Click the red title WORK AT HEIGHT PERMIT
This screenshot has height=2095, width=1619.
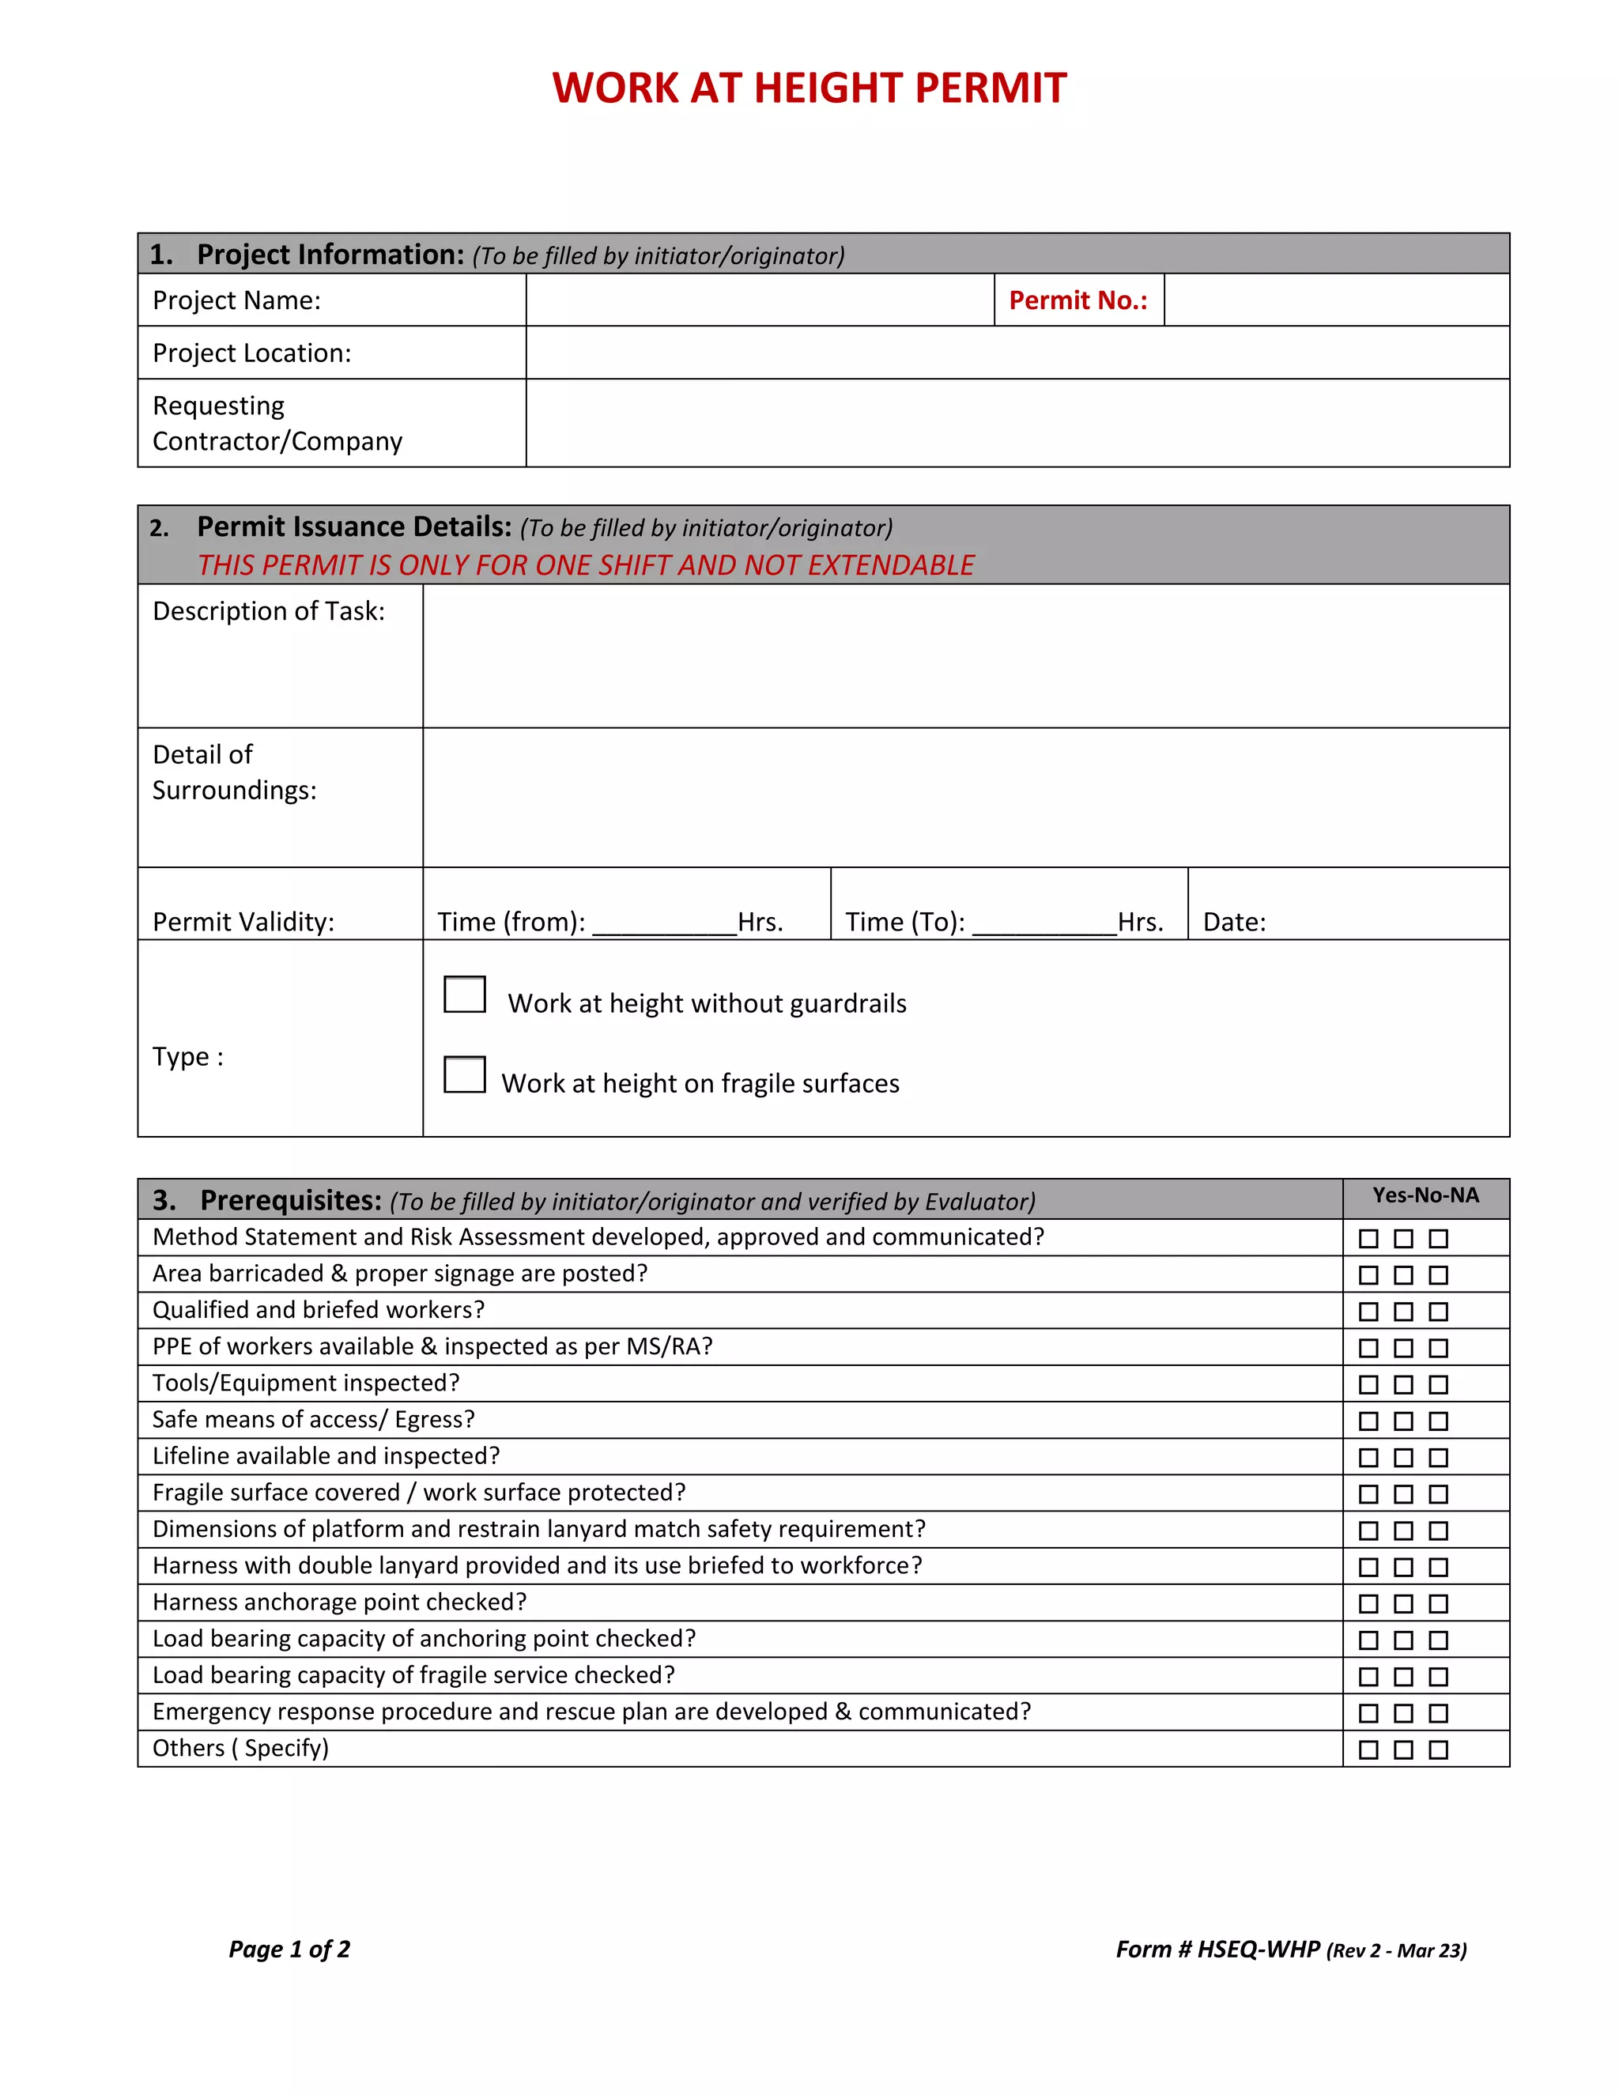click(809, 89)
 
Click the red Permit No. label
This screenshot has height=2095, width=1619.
click(1077, 300)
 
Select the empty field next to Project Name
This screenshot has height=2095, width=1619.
click(759, 300)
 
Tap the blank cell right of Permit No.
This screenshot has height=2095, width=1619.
click(1336, 300)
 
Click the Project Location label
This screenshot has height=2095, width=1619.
click(251, 353)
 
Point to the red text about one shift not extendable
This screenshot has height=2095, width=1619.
click(585, 565)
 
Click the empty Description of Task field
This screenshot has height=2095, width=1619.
click(965, 656)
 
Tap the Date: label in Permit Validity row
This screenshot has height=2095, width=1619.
click(1234, 923)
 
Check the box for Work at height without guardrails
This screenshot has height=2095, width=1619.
click(464, 995)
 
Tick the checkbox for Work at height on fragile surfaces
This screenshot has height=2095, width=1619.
click(464, 1074)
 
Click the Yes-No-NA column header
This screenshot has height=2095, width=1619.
click(1425, 1195)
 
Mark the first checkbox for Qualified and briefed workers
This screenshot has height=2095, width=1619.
click(1368, 1312)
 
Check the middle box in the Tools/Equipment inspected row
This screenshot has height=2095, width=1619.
click(1403, 1384)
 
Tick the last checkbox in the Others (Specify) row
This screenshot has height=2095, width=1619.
click(1438, 1750)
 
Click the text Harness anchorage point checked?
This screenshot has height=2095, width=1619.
click(339, 1602)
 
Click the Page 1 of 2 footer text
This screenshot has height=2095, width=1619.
click(289, 1950)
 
